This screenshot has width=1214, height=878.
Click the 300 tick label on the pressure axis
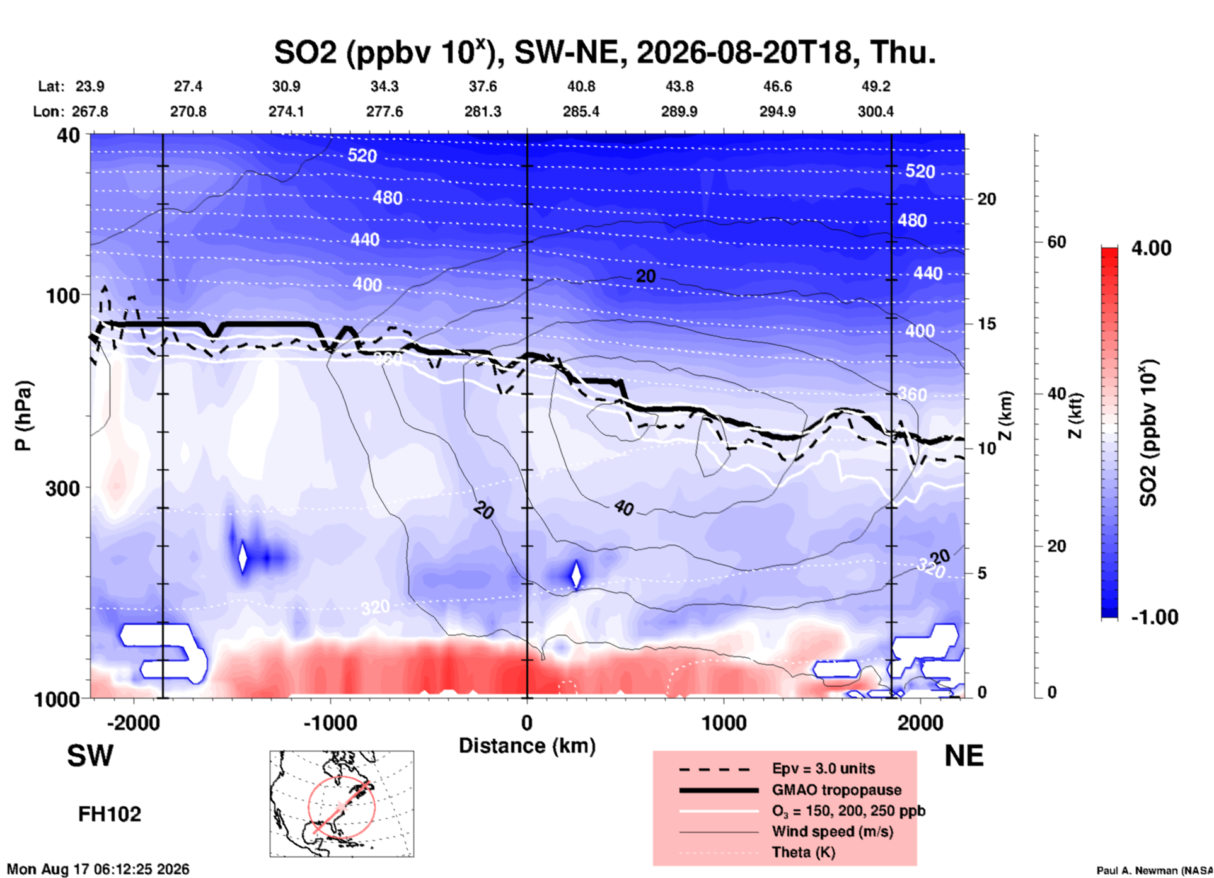click(62, 487)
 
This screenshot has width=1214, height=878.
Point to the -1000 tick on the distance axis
click(330, 722)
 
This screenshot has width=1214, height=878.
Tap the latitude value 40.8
click(581, 86)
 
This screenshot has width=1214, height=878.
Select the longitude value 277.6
click(384, 111)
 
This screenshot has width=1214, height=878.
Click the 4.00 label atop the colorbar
click(1151, 248)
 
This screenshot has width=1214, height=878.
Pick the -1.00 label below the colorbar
click(1154, 617)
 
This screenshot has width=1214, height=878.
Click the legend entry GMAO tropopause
click(836, 790)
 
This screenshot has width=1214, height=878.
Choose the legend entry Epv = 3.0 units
click(823, 768)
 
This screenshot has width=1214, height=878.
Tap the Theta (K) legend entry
click(804, 852)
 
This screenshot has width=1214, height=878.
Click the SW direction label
click(90, 756)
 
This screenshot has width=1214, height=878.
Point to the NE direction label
click(964, 756)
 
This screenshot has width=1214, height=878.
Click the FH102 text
click(110, 814)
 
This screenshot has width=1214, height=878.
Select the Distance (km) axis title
click(527, 746)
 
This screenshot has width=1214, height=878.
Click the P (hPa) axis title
click(23, 416)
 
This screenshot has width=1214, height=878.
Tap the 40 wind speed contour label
click(623, 508)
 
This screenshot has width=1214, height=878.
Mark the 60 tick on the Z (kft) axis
click(1056, 242)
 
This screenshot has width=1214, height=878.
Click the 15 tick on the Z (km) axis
click(986, 324)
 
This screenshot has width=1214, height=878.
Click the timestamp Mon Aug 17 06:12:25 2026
click(98, 869)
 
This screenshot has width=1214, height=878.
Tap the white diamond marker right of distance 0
click(575, 574)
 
